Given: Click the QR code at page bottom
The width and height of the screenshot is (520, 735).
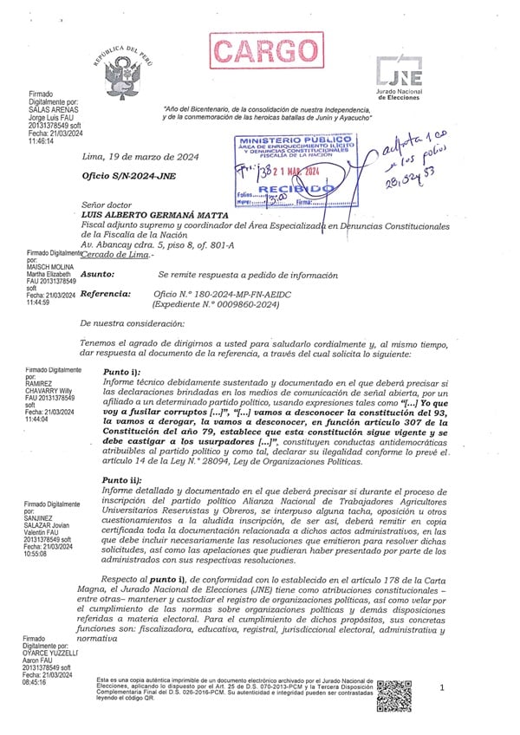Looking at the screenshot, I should [x=395, y=695].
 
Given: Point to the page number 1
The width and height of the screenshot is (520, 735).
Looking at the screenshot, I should [x=441, y=687].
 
